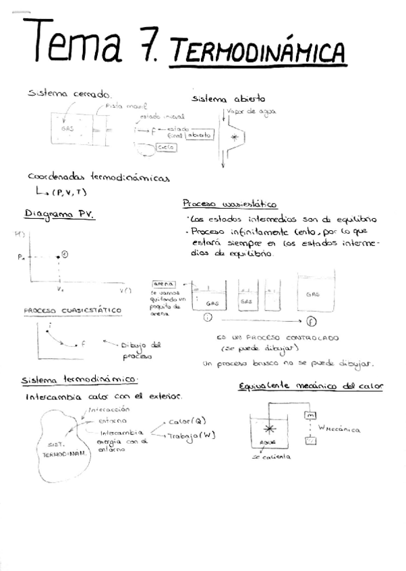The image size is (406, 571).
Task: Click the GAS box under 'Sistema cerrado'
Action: click(68, 128)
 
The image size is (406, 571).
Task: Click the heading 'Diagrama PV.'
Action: click(59, 215)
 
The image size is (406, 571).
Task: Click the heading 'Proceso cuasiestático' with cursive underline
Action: click(231, 203)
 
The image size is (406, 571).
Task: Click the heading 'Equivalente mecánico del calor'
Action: click(311, 386)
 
